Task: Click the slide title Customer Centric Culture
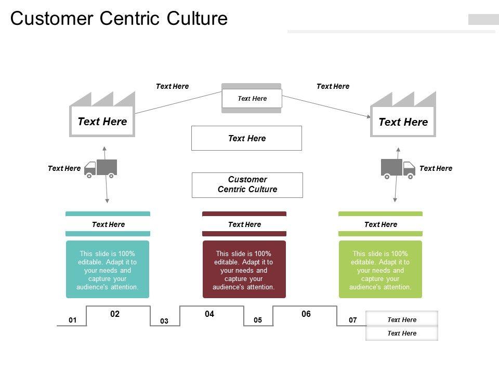(x=119, y=18)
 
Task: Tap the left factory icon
(x=102, y=115)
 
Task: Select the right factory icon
(x=403, y=115)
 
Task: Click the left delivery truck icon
(x=101, y=168)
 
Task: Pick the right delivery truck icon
(x=398, y=168)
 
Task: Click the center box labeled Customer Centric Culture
(x=247, y=185)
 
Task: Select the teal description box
(x=108, y=269)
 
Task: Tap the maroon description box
(x=244, y=269)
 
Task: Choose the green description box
(x=380, y=269)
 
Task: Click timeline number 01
(x=72, y=320)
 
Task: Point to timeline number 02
(x=115, y=314)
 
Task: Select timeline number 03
(x=164, y=322)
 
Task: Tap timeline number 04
(x=209, y=314)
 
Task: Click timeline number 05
(x=258, y=320)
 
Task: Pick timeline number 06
(x=306, y=314)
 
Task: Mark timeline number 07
(x=353, y=320)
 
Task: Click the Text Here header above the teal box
(x=108, y=224)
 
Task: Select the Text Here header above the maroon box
(x=244, y=224)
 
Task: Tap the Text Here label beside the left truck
(x=64, y=168)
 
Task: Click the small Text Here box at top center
(x=252, y=99)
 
